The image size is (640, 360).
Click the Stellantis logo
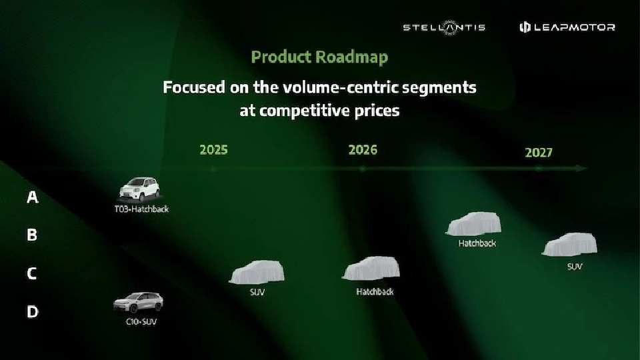[x=443, y=27]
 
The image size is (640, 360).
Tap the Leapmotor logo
[x=567, y=27]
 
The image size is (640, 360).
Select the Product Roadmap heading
[x=319, y=57]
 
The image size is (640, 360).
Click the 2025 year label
[x=213, y=149]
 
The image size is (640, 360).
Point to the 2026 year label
[x=363, y=149]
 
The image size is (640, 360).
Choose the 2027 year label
[x=539, y=153]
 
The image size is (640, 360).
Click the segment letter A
[x=32, y=197]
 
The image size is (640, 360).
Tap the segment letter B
[x=32, y=235]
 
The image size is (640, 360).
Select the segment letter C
[x=32, y=273]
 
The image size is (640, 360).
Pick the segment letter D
[x=32, y=311]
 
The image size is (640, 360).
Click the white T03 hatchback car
[x=140, y=189]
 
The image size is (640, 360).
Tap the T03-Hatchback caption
[x=141, y=209]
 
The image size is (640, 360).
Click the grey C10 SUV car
[x=137, y=303]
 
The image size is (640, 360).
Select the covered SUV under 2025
[x=257, y=273]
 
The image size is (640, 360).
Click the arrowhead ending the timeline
[x=582, y=169]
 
